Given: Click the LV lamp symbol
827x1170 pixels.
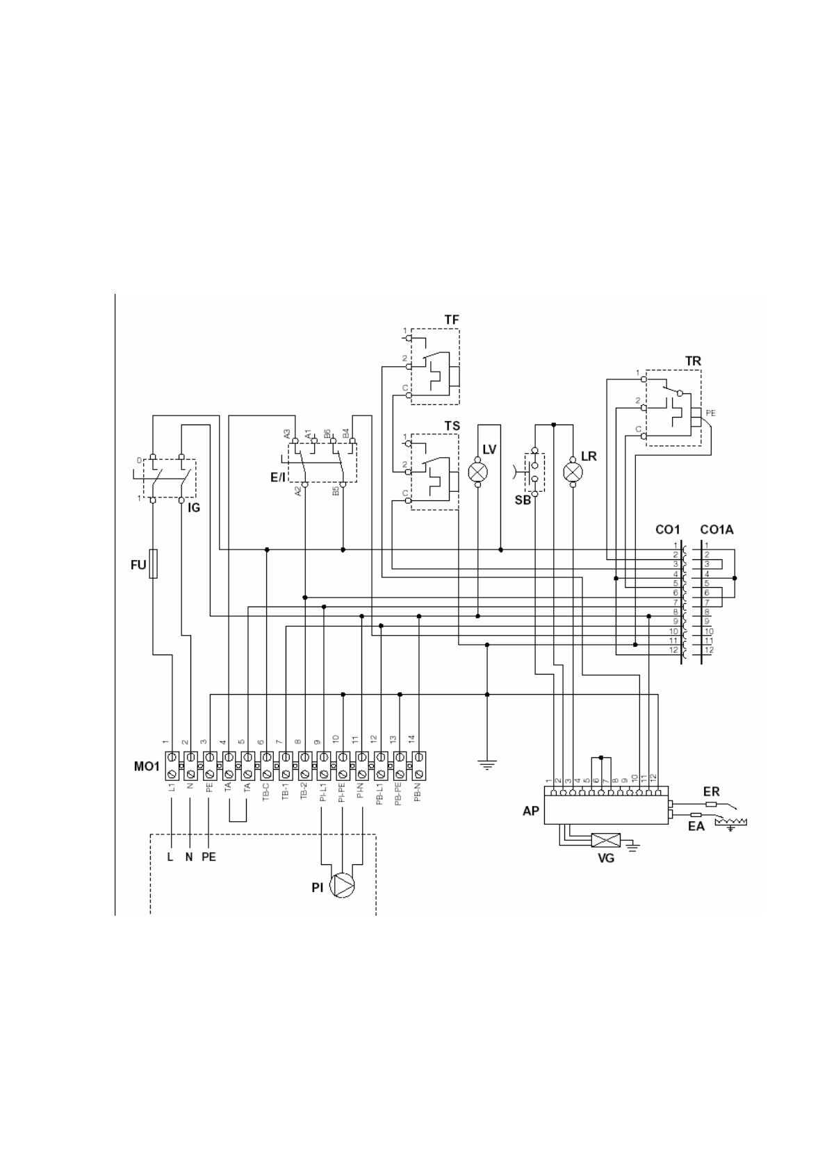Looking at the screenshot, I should coord(477,472).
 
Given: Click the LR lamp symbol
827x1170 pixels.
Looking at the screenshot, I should coord(573,472).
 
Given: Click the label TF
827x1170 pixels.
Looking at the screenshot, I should coord(452,320).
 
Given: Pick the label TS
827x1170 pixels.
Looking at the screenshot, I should coord(452,426).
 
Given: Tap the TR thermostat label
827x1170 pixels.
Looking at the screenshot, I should coord(692,361).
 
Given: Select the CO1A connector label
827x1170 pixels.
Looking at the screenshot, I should coord(717,530).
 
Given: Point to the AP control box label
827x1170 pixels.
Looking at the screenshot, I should coord(530,811).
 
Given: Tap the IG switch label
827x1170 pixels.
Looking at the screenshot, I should coord(194,508).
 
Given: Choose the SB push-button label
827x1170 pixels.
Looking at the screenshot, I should coord(523,500).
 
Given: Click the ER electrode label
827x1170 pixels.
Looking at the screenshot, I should coord(711,791).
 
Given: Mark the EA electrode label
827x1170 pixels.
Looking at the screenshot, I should coord(696,826).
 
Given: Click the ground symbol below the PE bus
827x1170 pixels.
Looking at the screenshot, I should coord(487,765).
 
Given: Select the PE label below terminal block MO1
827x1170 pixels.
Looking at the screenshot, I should coord(208,857).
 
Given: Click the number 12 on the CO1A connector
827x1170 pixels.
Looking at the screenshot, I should coord(708,650).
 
